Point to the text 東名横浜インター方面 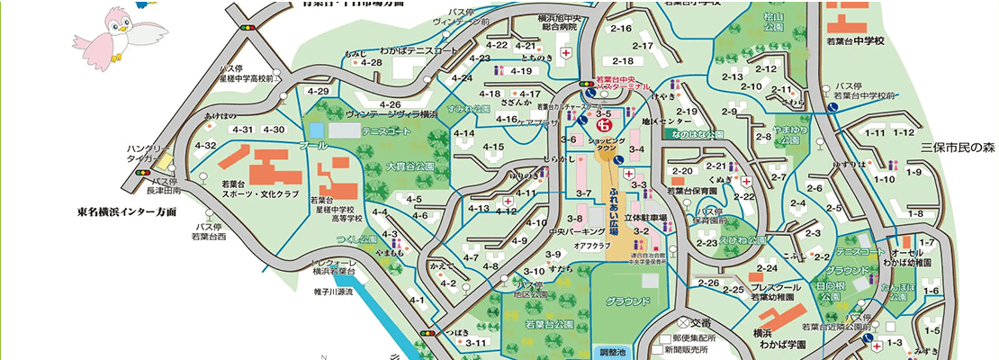(x=126, y=212)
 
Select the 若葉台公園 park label (x=549, y=323)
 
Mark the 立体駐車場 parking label (x=648, y=218)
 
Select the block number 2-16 (x=621, y=29)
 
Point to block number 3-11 (x=476, y=343)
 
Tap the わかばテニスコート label (x=418, y=52)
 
